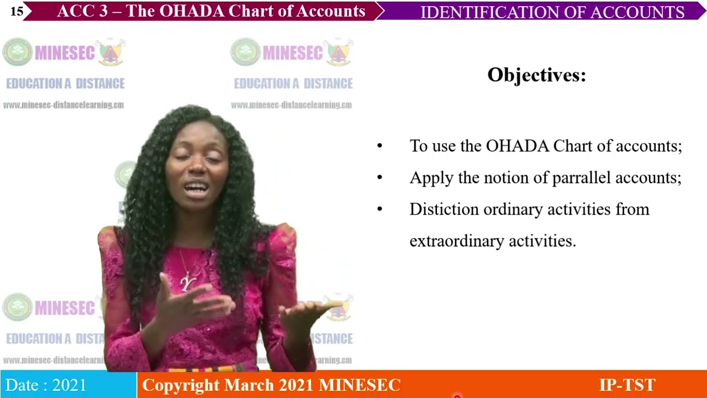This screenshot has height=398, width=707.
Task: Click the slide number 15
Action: pyautogui.click(x=17, y=11)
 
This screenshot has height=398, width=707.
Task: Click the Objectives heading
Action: pyautogui.click(x=536, y=75)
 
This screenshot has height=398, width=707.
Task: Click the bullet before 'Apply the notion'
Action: pyautogui.click(x=379, y=178)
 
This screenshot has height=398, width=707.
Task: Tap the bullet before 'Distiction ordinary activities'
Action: pyautogui.click(x=379, y=210)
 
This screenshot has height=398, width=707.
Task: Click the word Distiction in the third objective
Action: pyautogui.click(x=444, y=210)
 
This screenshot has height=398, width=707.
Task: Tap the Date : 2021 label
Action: pyautogui.click(x=46, y=385)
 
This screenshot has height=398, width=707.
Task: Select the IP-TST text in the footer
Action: pyautogui.click(x=627, y=385)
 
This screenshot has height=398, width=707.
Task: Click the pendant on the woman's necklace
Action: pyautogui.click(x=186, y=282)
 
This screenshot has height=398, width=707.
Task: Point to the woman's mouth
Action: pyautogui.click(x=197, y=188)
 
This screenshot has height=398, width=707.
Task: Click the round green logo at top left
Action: pyautogui.click(x=17, y=53)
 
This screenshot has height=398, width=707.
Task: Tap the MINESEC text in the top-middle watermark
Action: pyautogui.click(x=293, y=53)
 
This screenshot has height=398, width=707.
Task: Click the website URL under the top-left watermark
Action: pyautogui.click(x=64, y=105)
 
